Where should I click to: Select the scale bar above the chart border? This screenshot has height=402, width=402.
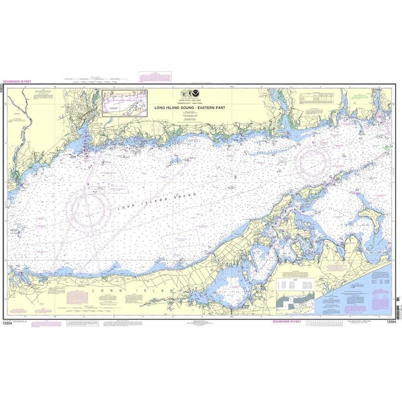click(95, 79)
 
